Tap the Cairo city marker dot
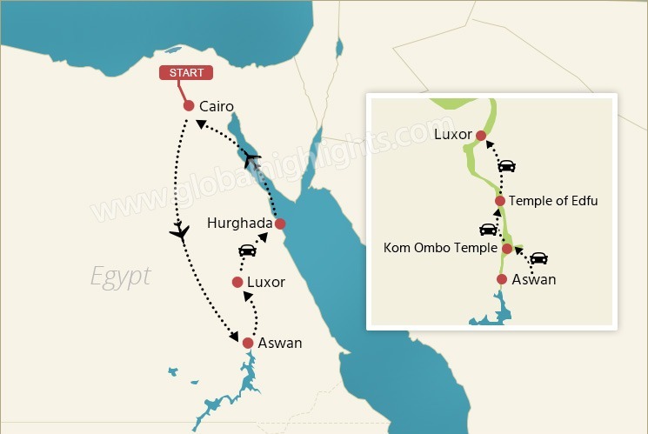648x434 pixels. click(x=188, y=105)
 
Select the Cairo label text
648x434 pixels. click(x=217, y=106)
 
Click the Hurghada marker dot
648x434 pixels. click(x=279, y=224)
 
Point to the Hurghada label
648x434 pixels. click(x=240, y=224)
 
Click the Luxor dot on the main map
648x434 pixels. click(x=237, y=282)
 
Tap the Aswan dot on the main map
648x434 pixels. click(x=248, y=343)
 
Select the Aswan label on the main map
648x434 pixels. click(x=280, y=343)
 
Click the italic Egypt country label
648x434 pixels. click(x=121, y=277)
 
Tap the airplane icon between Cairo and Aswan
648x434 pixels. click(x=180, y=231)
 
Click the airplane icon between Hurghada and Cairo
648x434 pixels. click(x=252, y=158)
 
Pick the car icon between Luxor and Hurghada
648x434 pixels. click(x=248, y=250)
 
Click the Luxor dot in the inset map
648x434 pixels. click(x=480, y=135)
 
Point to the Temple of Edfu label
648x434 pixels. click(x=553, y=201)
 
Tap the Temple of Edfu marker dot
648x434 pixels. click(x=499, y=201)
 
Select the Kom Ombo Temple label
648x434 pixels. click(x=440, y=248)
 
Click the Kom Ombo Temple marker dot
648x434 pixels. click(x=506, y=249)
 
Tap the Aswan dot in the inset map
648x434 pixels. click(x=501, y=279)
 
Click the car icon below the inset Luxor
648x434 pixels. click(x=506, y=165)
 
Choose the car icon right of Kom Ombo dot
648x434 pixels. click(x=538, y=257)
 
